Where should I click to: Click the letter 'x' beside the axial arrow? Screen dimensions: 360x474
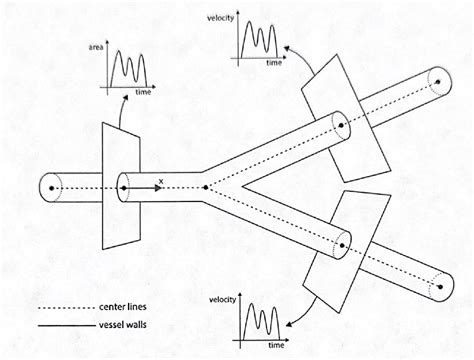pos(159,180)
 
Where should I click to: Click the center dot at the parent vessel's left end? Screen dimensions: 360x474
pos(53,186)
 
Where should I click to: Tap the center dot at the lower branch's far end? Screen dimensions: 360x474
pos(438,286)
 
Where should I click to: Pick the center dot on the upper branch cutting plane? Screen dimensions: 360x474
pos(341,127)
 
